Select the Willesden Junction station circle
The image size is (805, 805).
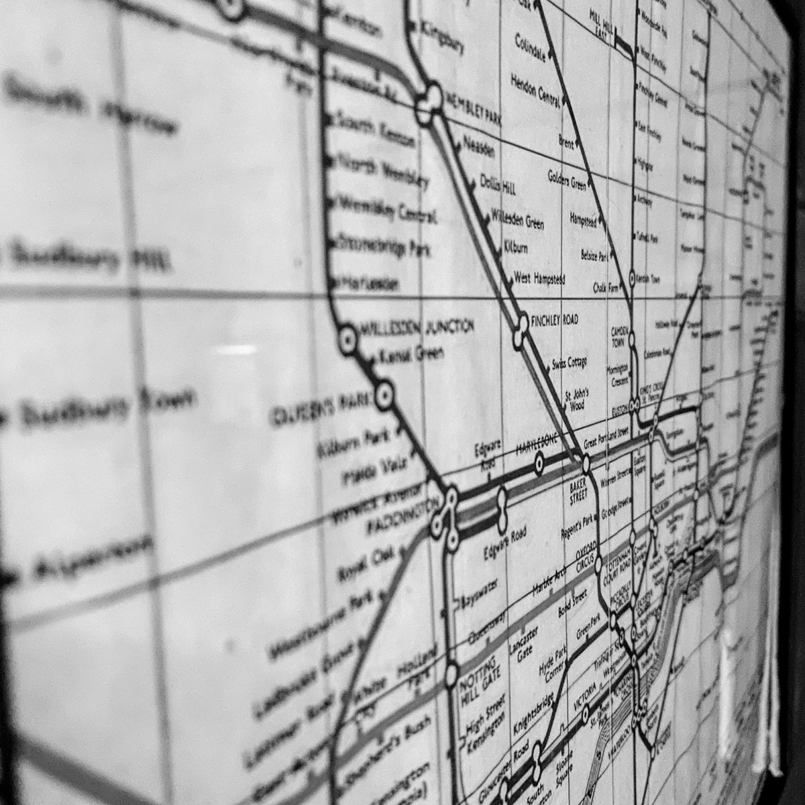pyautogui.click(x=347, y=341)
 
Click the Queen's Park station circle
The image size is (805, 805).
pyautogui.click(x=384, y=396)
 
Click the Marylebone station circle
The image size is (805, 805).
pyautogui.click(x=539, y=464)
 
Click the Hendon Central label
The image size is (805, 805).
pyautogui.click(x=535, y=91)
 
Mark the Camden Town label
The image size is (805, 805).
pyautogui.click(x=619, y=336)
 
